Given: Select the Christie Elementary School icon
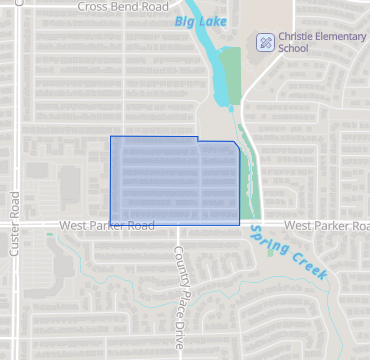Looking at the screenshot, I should tap(265, 42).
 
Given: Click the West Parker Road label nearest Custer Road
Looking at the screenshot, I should tap(106, 226).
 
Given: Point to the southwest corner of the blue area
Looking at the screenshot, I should tap(110, 222).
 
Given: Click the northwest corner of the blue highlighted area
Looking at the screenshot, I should tap(110, 136).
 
